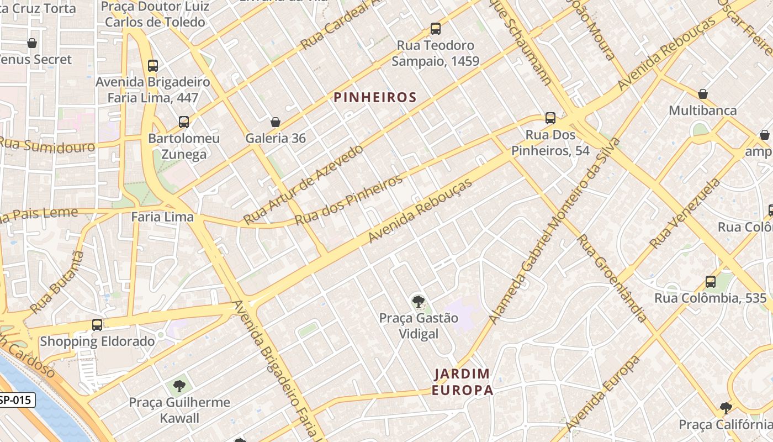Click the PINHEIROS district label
click(375, 98)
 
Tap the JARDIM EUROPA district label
click(463, 382)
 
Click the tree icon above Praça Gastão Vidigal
click(419, 302)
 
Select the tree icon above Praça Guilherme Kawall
click(179, 386)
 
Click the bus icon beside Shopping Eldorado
click(97, 325)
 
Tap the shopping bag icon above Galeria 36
click(276, 122)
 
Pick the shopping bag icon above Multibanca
click(703, 94)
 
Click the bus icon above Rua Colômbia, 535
click(711, 282)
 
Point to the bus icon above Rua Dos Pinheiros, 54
click(550, 118)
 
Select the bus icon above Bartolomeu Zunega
click(184, 122)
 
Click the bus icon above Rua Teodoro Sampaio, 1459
click(436, 29)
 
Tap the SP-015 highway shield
click(17, 400)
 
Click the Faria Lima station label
click(162, 217)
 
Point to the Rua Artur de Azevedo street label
click(303, 185)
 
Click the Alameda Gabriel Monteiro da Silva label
click(554, 230)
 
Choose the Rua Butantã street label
click(57, 282)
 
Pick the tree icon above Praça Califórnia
click(726, 408)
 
